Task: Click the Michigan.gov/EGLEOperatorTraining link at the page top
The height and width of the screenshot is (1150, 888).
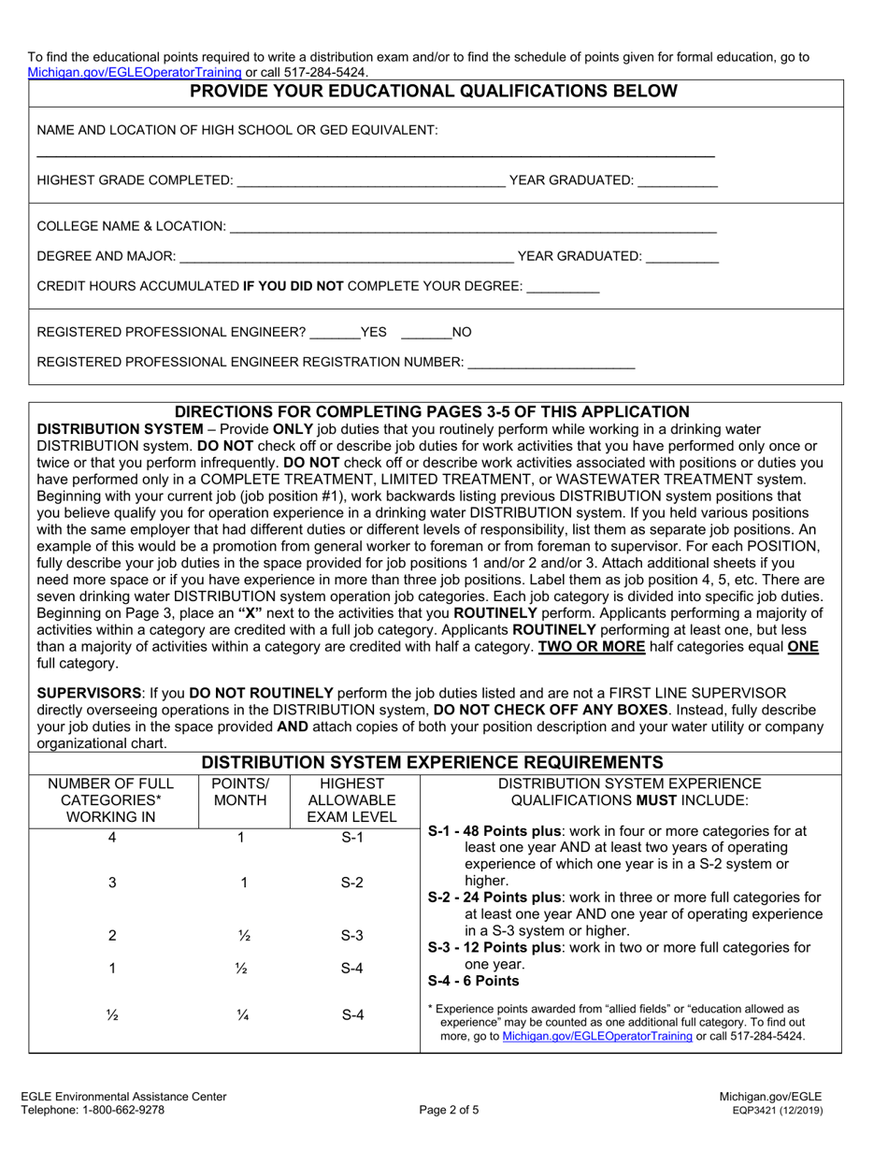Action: click(x=135, y=72)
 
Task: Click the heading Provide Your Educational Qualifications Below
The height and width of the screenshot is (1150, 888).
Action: click(x=434, y=92)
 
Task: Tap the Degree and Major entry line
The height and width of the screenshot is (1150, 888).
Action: click(x=346, y=258)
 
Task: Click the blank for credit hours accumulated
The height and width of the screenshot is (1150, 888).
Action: click(x=563, y=289)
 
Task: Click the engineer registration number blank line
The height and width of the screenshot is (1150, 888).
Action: click(x=551, y=365)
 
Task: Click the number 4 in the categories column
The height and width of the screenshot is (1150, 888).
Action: click(x=112, y=838)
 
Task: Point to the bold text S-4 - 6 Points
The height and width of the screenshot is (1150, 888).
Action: click(x=473, y=981)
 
